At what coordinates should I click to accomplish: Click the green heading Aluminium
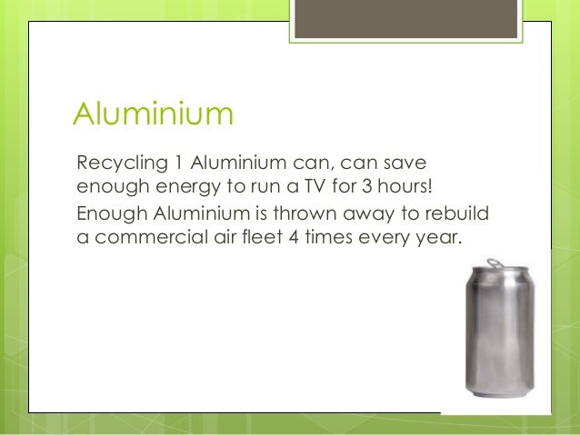pyautogui.click(x=154, y=115)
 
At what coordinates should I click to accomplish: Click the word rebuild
pyautogui.click(x=461, y=214)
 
